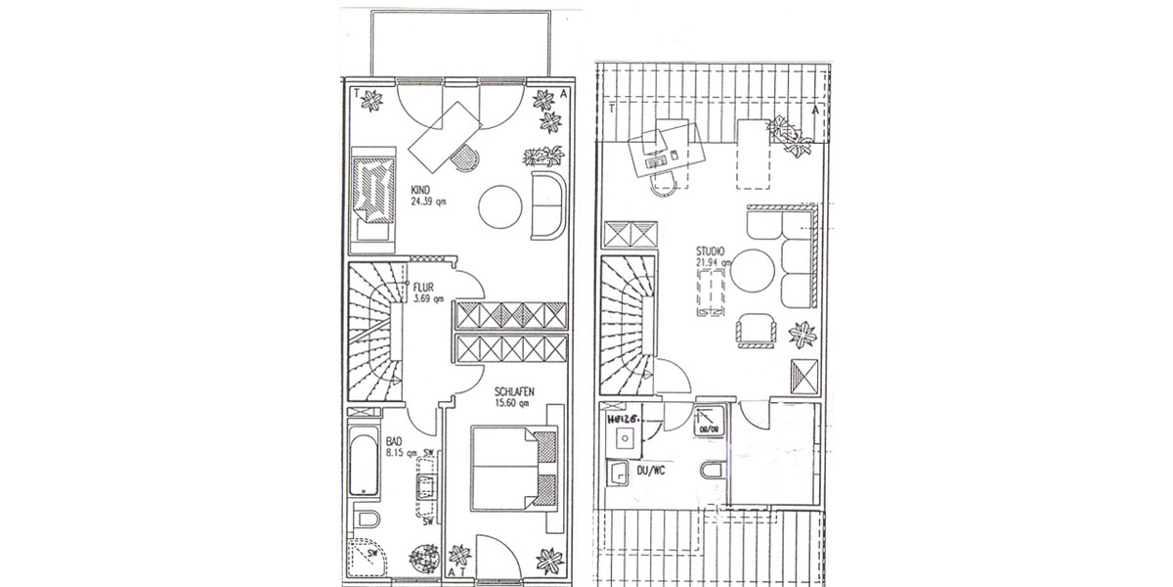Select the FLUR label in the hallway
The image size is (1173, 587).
point(424,288)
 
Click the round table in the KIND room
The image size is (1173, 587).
point(501,206)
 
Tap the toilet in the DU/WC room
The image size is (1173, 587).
point(712,473)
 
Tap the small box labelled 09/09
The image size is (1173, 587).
point(707,421)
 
